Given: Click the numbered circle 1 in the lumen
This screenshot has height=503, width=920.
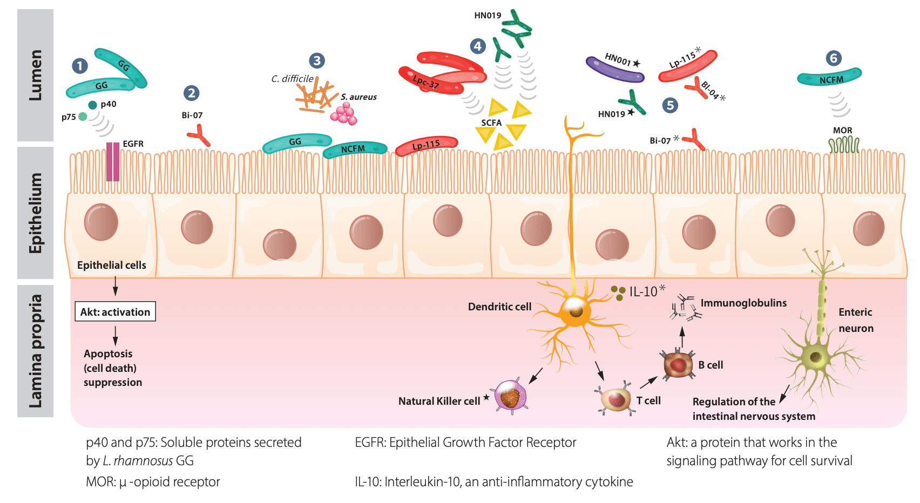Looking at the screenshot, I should (x=80, y=66).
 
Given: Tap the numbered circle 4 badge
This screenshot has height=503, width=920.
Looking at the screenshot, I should (x=477, y=46).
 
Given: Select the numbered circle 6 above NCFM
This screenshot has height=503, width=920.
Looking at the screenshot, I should (x=833, y=58).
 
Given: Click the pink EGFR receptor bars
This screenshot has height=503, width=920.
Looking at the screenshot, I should (x=113, y=161).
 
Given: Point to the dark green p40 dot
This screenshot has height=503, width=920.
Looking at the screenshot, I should (x=92, y=105).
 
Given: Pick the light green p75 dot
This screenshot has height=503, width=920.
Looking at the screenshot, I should (x=82, y=117).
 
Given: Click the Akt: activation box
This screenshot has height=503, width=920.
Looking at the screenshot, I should (x=115, y=311).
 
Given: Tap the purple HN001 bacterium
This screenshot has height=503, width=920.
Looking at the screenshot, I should (x=615, y=69).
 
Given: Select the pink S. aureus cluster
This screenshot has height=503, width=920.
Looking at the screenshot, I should (x=344, y=114).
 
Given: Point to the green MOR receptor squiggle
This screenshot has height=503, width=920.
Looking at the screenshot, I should (x=843, y=145).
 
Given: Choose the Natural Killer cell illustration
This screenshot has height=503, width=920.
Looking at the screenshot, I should (x=510, y=397).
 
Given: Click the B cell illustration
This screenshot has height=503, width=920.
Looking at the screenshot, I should (x=678, y=365).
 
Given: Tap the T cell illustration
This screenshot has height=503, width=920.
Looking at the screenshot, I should (x=616, y=400).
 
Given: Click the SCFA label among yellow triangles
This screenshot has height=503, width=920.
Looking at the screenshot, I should (x=491, y=123).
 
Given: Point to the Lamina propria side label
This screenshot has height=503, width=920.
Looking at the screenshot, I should (x=35, y=351).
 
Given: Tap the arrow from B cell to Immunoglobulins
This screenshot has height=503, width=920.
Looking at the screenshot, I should (x=682, y=337).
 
